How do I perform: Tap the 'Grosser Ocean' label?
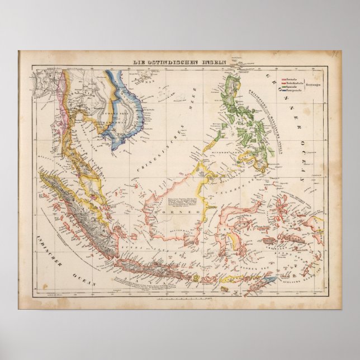click(291, 129)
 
